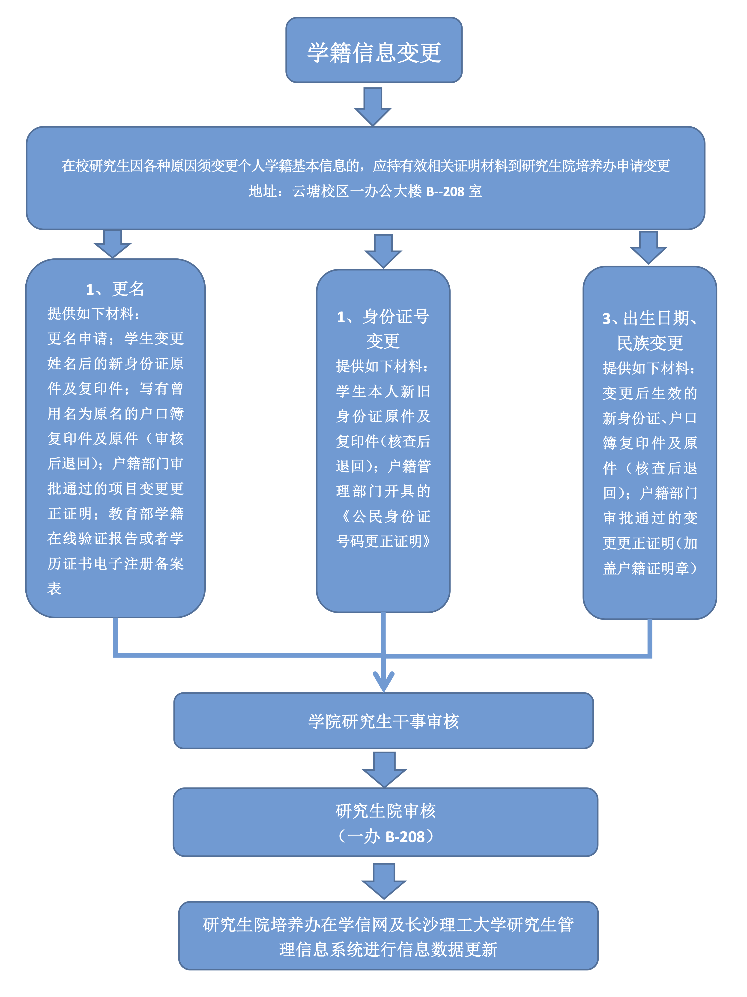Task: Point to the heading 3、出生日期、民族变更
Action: click(650, 330)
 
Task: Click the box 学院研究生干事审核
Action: click(383, 721)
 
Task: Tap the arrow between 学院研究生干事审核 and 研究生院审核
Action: click(384, 769)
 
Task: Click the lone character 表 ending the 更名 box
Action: click(54, 588)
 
